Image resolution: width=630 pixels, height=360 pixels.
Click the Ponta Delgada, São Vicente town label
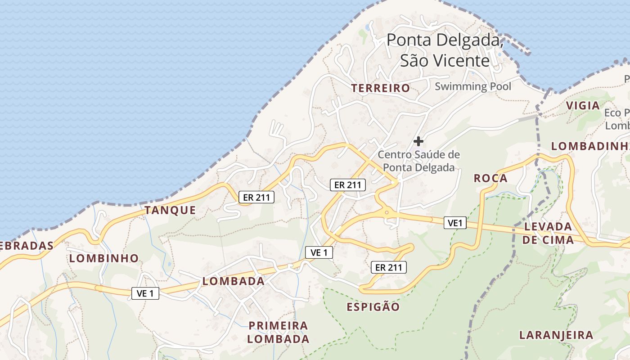(x=444, y=50)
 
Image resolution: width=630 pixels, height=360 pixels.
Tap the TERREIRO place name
(x=381, y=88)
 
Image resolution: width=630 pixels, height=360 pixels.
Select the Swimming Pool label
(x=473, y=86)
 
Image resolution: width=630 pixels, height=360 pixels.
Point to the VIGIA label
(x=583, y=106)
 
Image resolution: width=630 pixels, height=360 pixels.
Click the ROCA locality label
(x=490, y=178)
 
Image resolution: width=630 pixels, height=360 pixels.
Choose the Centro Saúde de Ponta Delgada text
(x=418, y=161)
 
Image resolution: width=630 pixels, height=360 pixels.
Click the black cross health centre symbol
(x=418, y=141)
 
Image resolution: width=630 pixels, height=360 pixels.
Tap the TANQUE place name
(x=170, y=210)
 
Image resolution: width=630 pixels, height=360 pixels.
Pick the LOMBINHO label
(x=104, y=258)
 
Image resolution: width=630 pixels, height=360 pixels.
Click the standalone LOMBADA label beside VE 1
(x=234, y=281)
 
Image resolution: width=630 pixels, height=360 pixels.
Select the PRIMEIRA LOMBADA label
(x=279, y=332)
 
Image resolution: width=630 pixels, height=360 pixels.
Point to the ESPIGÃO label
(x=373, y=307)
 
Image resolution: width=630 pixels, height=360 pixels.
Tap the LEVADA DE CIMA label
(x=548, y=233)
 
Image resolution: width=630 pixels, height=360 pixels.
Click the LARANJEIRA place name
(x=556, y=335)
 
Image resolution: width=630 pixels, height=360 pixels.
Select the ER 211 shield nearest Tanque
(x=256, y=197)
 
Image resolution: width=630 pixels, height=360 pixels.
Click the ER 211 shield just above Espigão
(x=389, y=267)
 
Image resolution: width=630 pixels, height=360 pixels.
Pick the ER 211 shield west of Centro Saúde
(x=348, y=184)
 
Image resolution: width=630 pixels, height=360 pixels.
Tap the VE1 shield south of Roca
(x=455, y=222)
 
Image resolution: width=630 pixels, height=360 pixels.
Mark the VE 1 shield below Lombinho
(x=145, y=293)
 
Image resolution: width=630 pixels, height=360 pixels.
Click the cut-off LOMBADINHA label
(x=590, y=146)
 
